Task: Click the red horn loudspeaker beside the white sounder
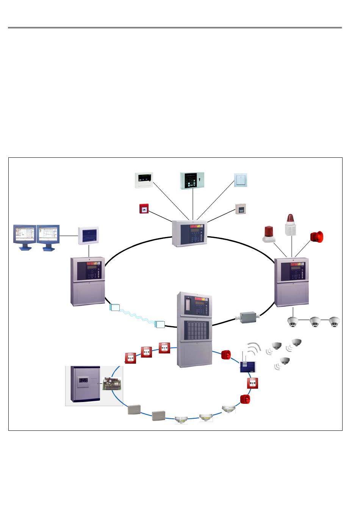coord(316,237)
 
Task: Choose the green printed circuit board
coord(112,384)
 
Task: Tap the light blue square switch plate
coord(241,180)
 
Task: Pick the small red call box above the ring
coord(144,209)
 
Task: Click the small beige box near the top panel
coord(240,209)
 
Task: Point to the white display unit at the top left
coord(144,180)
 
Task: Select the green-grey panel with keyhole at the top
coord(192,181)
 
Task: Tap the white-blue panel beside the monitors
coord(88,236)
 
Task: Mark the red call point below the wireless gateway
coord(252,383)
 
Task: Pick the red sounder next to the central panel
coord(226,355)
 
